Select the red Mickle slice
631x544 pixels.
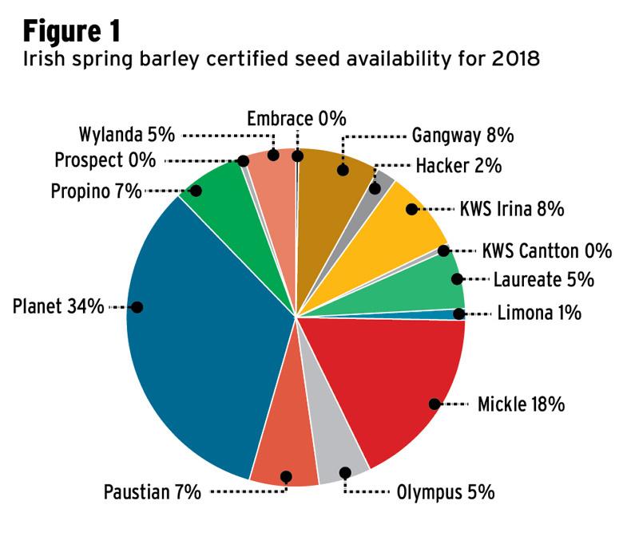(383, 375)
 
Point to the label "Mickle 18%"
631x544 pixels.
(521, 404)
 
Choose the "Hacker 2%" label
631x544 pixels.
(458, 166)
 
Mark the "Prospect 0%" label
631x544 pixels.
(105, 160)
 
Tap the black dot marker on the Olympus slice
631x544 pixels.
(345, 473)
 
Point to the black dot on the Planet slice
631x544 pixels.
(137, 307)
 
